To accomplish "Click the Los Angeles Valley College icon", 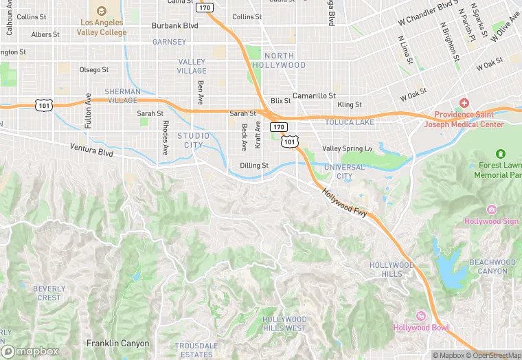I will click(102, 11).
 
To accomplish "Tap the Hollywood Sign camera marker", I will click(491, 210).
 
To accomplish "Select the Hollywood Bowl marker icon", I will click(421, 315).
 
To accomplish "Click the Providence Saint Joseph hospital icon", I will click(464, 103).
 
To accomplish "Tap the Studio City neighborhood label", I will click(193, 140).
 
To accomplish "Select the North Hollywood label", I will click(279, 60).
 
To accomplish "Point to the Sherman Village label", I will click(122, 95).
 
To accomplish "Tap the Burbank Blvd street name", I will click(174, 26).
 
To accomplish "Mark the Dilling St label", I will click(254, 166).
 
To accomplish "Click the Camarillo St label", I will click(314, 95).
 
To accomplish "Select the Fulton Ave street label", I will click(89, 111).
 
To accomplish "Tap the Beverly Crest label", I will click(49, 293).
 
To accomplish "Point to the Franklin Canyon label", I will click(117, 342).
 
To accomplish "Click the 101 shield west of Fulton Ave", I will click(45, 105).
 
